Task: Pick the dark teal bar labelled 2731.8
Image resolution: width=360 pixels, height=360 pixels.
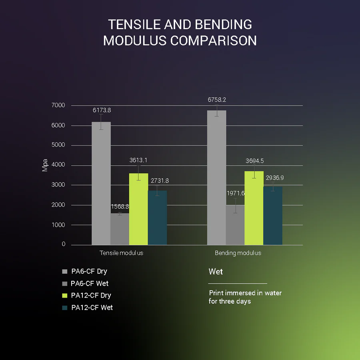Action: pyautogui.click(x=157, y=218)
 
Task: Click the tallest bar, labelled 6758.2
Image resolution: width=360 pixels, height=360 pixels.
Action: pyautogui.click(x=216, y=178)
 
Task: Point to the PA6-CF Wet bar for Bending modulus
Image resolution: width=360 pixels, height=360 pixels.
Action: pyautogui.click(x=235, y=225)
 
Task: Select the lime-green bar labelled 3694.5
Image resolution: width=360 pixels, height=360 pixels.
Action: pyautogui.click(x=254, y=208)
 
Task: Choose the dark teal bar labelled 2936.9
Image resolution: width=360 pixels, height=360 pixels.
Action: pyautogui.click(x=273, y=216)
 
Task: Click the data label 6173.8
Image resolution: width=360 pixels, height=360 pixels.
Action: pyautogui.click(x=101, y=110)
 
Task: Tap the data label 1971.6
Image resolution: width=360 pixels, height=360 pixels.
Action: pyautogui.click(x=235, y=193)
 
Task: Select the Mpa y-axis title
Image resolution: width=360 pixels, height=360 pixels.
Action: pyautogui.click(x=45, y=165)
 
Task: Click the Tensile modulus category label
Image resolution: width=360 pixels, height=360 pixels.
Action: pyautogui.click(x=121, y=253)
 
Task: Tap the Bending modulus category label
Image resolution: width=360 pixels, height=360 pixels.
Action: pyautogui.click(x=238, y=253)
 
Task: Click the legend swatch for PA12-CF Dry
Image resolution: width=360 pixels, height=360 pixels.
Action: pyautogui.click(x=65, y=296)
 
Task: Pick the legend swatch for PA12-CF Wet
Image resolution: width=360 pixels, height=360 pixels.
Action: pyautogui.click(x=65, y=308)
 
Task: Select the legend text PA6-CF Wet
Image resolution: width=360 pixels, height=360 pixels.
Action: pyautogui.click(x=90, y=284)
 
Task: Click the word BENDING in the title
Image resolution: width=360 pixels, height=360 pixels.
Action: pyautogui.click(x=223, y=25)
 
